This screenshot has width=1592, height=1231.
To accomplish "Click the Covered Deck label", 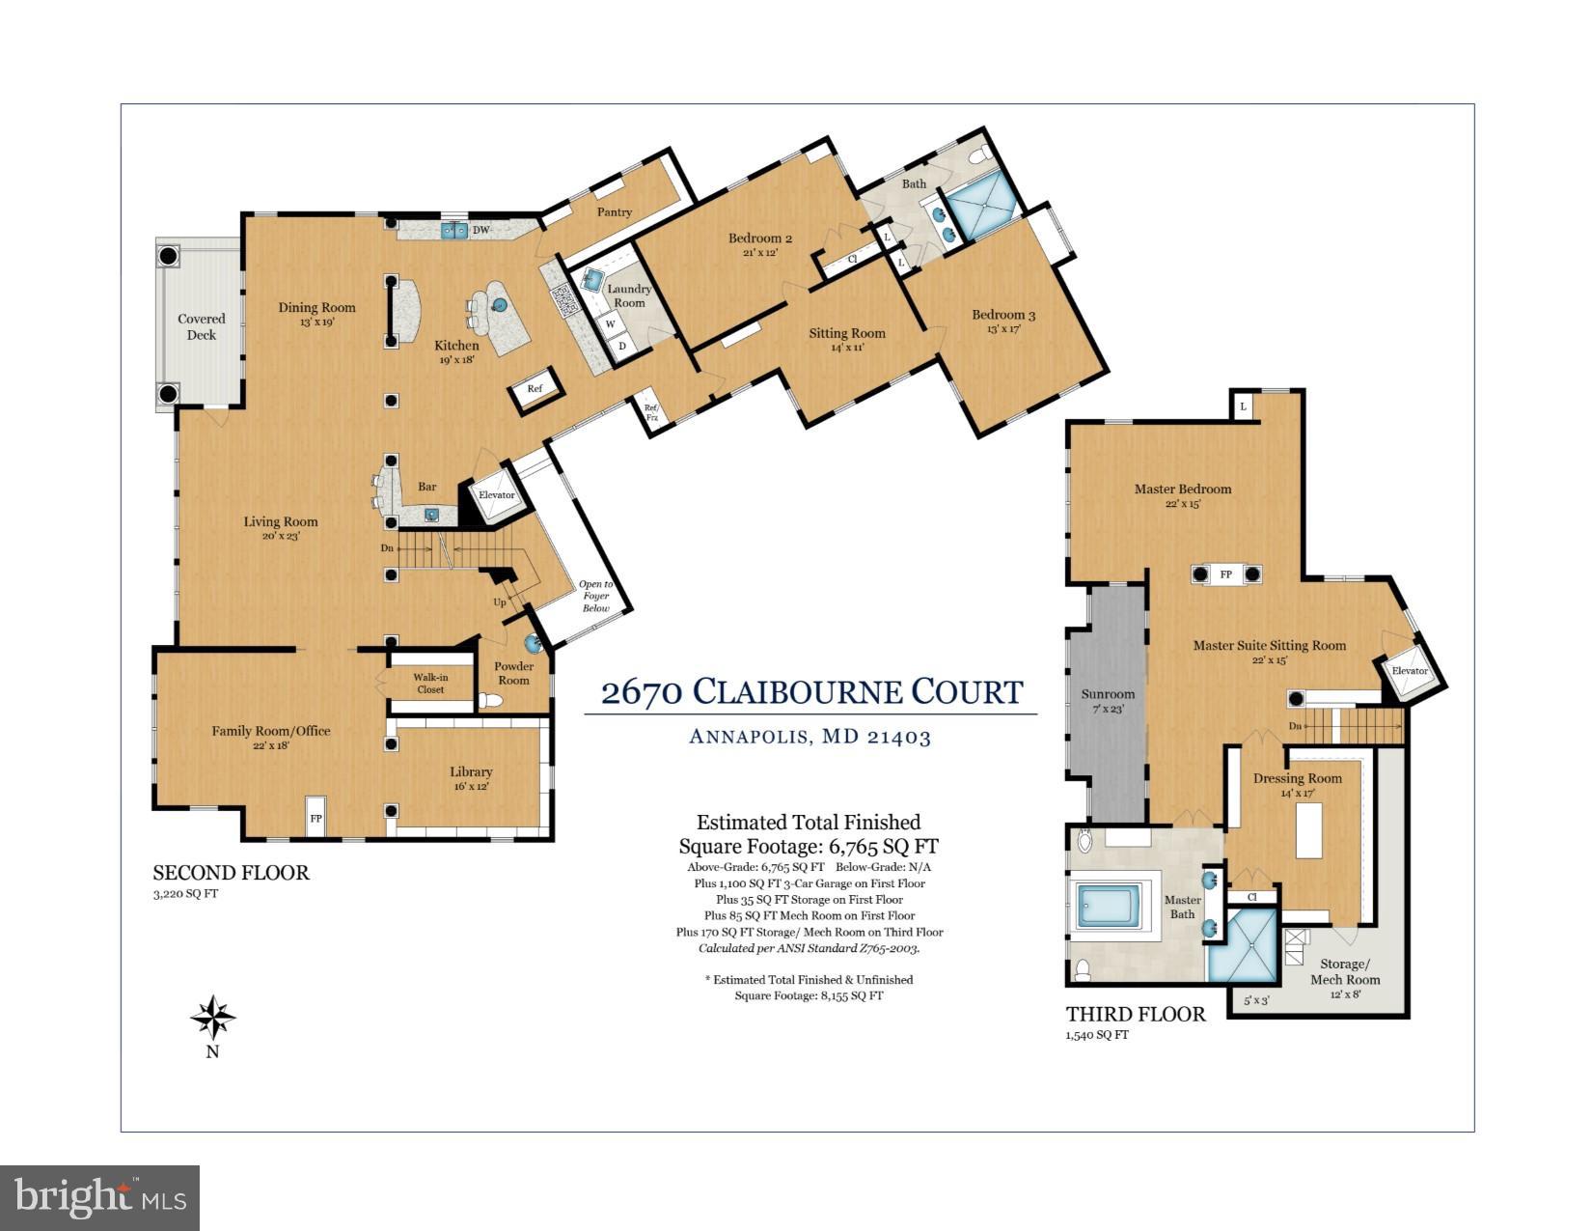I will tap(202, 326).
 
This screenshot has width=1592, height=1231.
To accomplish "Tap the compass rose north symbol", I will tap(213, 1018).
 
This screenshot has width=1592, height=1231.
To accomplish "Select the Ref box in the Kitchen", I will tap(535, 388).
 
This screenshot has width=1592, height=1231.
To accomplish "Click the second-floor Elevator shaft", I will tap(497, 495).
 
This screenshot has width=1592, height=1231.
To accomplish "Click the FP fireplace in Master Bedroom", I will tap(1225, 574).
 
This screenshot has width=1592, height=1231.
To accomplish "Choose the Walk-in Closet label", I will tap(430, 684).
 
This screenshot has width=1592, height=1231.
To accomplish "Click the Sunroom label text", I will tap(1108, 694).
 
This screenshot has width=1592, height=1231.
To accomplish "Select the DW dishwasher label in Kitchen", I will tap(480, 230).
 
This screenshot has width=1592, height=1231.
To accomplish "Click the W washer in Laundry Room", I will tap(611, 324).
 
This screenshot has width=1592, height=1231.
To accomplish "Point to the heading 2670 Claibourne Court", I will tap(811, 691).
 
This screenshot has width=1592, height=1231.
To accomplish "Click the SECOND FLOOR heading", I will tap(231, 873).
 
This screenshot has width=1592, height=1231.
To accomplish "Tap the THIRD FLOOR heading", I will tap(1136, 1014).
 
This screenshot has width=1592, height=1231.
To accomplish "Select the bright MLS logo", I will tap(99, 1198).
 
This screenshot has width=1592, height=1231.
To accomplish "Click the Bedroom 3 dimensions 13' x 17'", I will tap(1003, 329).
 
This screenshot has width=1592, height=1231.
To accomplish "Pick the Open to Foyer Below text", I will tap(595, 596).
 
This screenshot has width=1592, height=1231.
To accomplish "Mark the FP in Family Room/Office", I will tap(316, 818).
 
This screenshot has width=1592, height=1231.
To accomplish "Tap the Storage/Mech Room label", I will tap(1344, 971).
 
